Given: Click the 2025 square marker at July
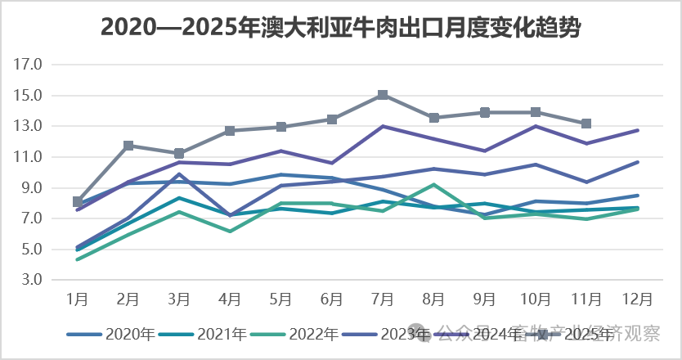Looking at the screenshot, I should [383, 95].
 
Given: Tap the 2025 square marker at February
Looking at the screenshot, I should [128, 146].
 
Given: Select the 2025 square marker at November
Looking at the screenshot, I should [586, 124].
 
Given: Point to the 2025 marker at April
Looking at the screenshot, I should [230, 131].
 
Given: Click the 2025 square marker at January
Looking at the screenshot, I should [78, 201].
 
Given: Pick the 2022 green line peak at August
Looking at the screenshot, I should [433, 185].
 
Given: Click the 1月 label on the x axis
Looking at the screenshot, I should [78, 299].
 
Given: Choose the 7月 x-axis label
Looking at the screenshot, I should [383, 299].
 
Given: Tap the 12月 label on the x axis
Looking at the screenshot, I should [636, 299].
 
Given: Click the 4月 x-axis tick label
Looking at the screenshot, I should [230, 299].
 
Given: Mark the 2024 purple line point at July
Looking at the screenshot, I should [383, 126].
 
